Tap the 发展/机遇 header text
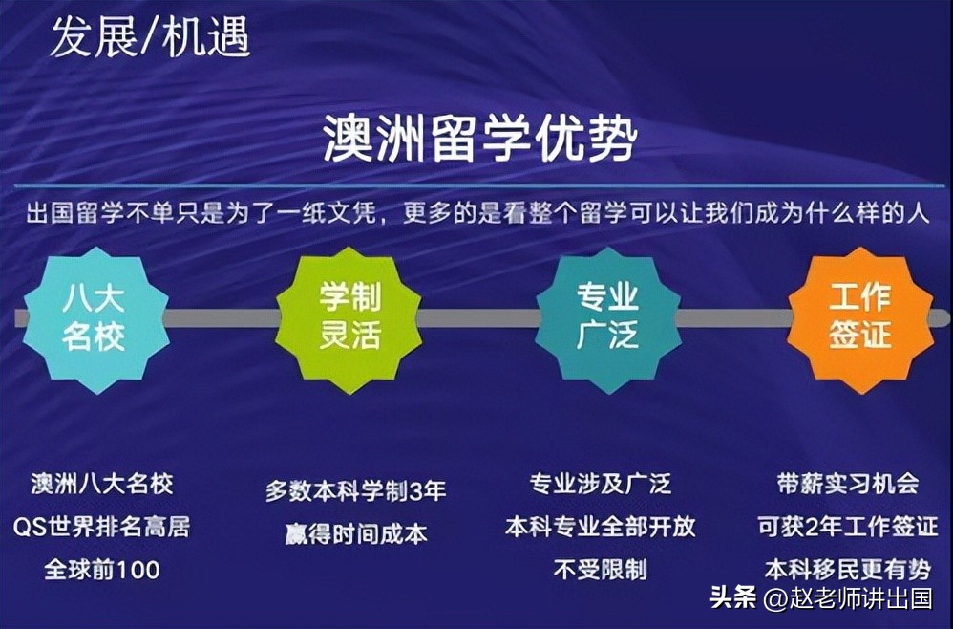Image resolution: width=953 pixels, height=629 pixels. pos(150,37)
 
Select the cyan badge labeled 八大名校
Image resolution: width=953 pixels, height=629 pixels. pos(94,318)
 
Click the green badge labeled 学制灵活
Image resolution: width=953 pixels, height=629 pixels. pos(349,318)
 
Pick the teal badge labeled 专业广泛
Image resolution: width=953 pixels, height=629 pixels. pos(607,318)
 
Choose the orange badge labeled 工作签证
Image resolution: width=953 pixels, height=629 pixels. pos(859,318)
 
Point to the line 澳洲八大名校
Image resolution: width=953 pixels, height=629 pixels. pos(101,484)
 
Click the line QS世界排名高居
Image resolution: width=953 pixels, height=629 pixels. pos(101,527)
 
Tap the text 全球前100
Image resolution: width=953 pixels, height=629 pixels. pos(101,571)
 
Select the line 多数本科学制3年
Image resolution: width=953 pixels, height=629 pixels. pos(355,491)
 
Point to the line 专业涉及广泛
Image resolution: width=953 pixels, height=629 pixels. pos(601,484)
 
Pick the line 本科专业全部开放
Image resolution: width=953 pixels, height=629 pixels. pos(601,527)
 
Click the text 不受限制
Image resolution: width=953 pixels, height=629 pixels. pos(601,571)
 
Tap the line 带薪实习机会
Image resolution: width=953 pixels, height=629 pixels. pos(848,484)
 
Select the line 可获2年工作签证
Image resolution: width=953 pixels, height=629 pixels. pos(848,527)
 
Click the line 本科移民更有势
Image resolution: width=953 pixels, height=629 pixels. pos(848,571)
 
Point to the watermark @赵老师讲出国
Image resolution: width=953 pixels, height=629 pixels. pos(847,599)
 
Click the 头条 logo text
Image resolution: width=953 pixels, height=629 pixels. pos(732,599)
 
